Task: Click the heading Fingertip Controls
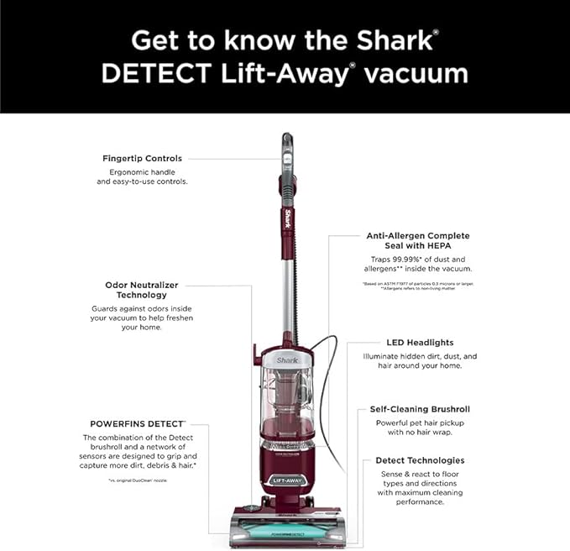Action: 142,158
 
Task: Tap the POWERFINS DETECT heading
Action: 138,423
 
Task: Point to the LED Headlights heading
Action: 420,343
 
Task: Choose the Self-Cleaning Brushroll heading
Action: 420,409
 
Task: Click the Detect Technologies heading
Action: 420,460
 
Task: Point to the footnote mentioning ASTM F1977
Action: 419,284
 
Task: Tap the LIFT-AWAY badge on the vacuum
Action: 288,480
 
